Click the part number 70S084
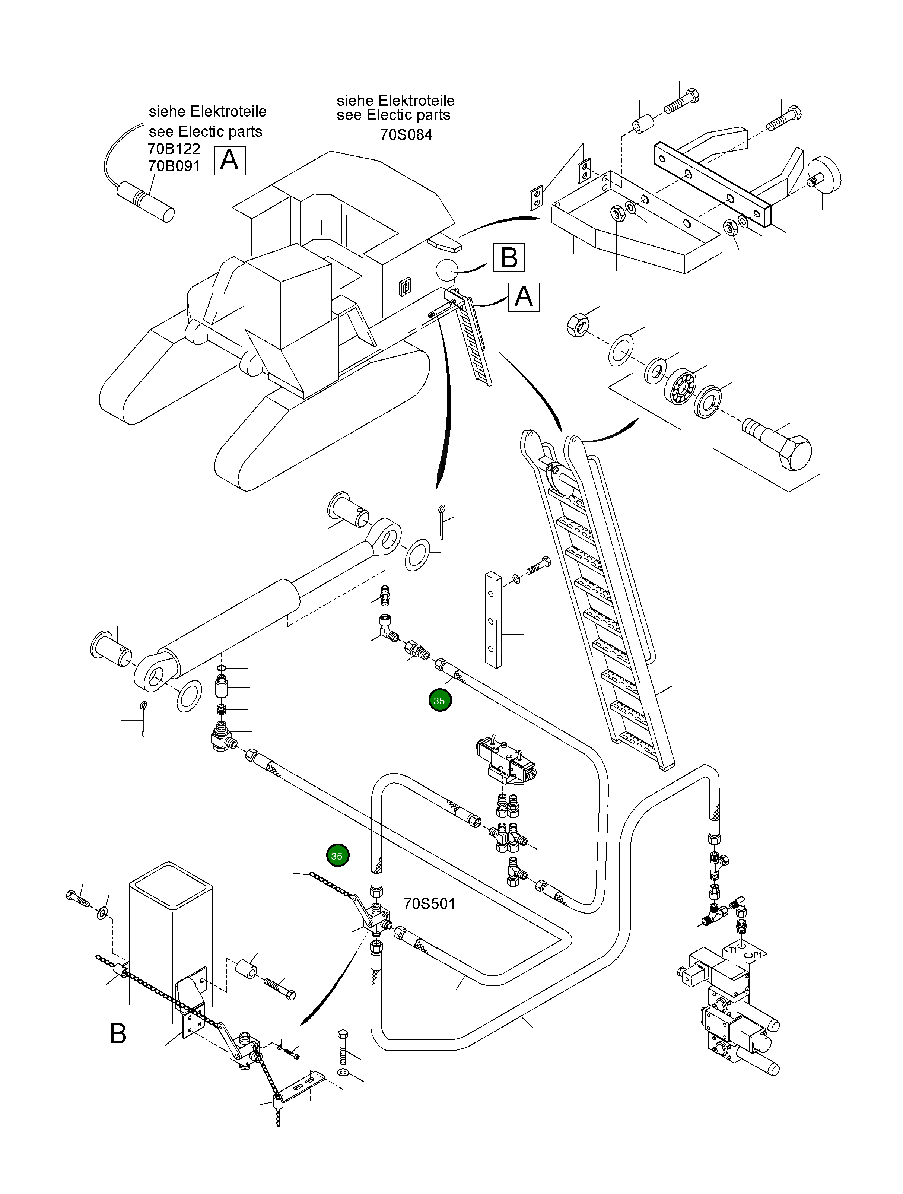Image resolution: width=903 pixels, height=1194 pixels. tap(406, 134)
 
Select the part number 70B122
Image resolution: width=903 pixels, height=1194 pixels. tap(174, 149)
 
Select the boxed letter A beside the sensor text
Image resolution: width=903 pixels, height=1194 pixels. tap(229, 160)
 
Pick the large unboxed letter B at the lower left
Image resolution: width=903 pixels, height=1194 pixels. tap(118, 1034)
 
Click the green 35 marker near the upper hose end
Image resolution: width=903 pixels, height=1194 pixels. tap(439, 701)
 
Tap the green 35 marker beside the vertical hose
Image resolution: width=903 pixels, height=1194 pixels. tap(337, 856)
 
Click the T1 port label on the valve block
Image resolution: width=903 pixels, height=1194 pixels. tap(732, 949)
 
